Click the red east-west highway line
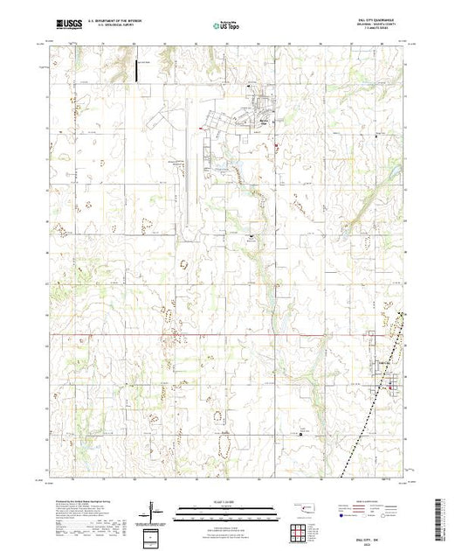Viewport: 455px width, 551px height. coord(175,333)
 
